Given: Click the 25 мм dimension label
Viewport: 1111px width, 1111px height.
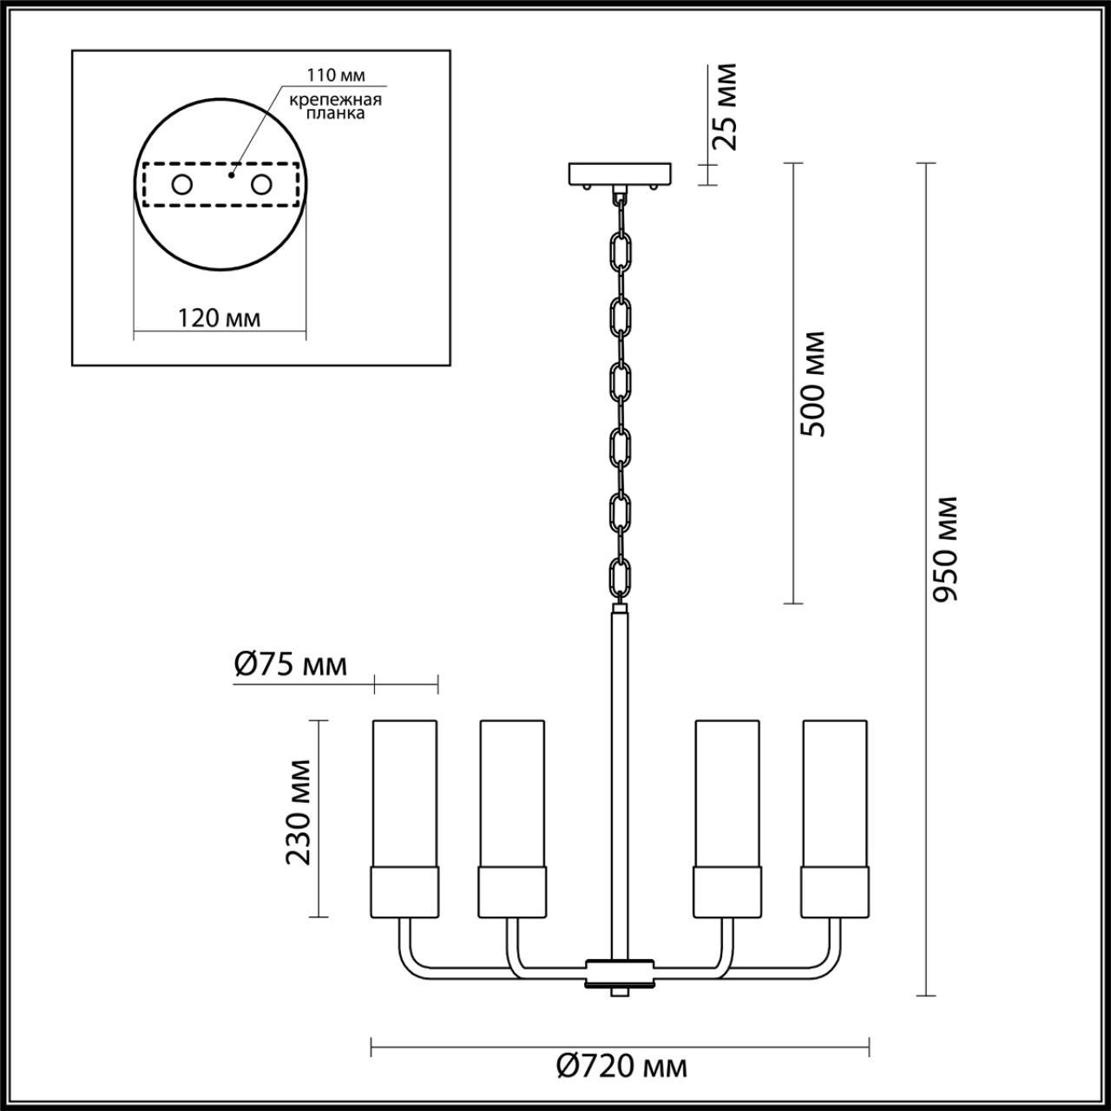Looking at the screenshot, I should pos(723,107).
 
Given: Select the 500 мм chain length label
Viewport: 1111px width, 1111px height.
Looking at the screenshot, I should pos(813,383).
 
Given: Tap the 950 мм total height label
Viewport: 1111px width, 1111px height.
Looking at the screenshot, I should pos(944,549).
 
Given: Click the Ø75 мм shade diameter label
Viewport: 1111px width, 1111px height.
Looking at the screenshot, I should pos(291,665).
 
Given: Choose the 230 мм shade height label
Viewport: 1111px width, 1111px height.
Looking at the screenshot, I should pos(299,812).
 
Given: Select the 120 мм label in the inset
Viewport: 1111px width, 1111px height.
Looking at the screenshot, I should pos(219,318).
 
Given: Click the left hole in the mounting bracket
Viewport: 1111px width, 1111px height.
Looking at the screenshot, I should pos(182,185).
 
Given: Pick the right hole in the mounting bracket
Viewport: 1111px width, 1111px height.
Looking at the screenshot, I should pos(260,185).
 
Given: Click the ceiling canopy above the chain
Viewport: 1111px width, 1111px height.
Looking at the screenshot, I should pos(619,174).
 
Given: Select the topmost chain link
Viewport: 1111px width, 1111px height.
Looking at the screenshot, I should pos(620,251).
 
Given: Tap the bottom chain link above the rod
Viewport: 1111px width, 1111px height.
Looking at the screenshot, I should pos(620,576).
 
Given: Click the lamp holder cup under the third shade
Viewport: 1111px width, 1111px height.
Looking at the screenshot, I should pos(726,891).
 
